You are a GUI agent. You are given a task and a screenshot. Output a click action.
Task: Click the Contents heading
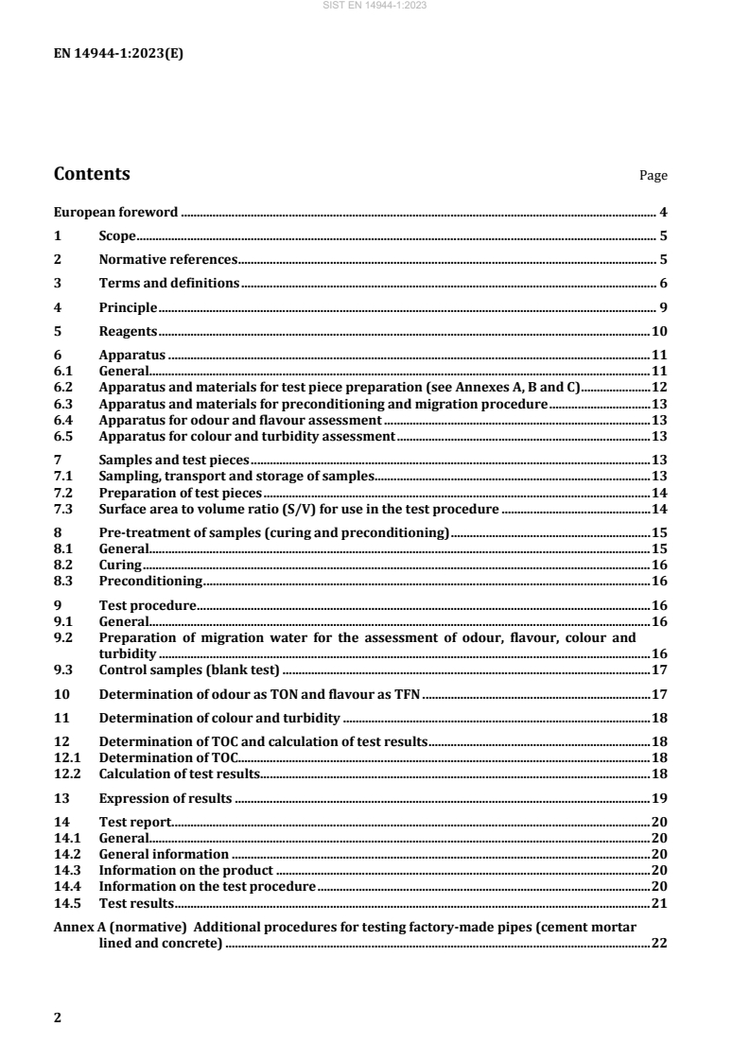[92, 174]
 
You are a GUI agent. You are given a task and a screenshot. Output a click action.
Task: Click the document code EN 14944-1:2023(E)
[118, 54]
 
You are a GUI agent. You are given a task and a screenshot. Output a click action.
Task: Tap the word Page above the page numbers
[654, 176]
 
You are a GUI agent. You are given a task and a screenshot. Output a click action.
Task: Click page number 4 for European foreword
[665, 212]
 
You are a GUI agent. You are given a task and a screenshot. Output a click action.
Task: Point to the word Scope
[118, 235]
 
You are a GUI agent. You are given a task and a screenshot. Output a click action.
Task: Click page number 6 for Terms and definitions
[665, 283]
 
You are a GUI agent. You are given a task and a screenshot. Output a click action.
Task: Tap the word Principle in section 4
[128, 307]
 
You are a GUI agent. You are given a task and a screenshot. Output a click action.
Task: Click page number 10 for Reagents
[661, 331]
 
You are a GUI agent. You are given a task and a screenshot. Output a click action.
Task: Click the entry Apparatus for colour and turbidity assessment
[246, 436]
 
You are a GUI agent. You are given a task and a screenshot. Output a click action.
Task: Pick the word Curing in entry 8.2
[118, 565]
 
